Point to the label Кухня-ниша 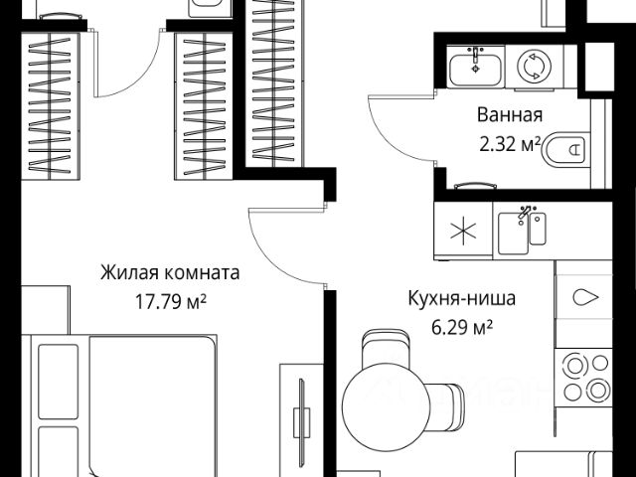pyautogui.click(x=462, y=296)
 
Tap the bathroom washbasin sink pyautogui.click(x=475, y=67)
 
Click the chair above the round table pyautogui.click(x=384, y=351)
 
